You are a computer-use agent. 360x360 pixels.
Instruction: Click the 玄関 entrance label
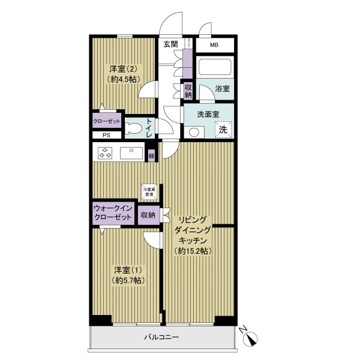tap(170, 44)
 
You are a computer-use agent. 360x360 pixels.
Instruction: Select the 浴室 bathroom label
tap(222, 88)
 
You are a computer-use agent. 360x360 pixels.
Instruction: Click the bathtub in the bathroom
tap(215, 68)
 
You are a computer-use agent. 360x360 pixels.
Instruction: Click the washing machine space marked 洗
tap(223, 130)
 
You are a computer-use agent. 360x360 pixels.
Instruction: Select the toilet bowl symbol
tap(133, 127)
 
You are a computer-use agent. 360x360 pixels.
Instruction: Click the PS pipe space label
tap(106, 135)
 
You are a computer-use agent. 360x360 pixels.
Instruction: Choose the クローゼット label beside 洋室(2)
tap(107, 121)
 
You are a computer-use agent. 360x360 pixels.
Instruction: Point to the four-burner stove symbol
tap(106, 153)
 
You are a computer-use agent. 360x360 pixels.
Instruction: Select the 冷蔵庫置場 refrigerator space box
tap(148, 192)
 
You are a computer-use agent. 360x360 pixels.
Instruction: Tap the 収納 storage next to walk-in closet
tap(148, 215)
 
